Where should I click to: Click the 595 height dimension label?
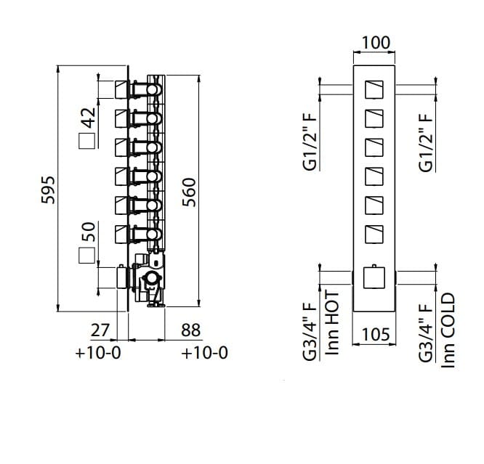point(48,190)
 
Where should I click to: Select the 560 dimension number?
point(189,192)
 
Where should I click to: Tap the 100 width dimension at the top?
point(375,43)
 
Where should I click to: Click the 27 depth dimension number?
point(100,330)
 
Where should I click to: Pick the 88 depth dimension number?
point(190,330)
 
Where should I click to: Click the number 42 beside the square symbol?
point(89,117)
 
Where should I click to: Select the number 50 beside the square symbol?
point(89,232)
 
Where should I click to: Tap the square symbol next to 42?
point(86,142)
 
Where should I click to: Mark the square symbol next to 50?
point(86,256)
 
